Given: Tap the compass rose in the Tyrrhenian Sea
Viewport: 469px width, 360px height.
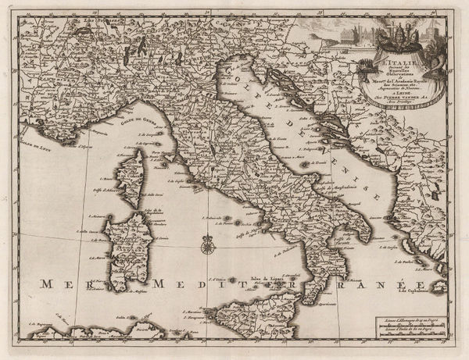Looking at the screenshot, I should [x=208, y=245].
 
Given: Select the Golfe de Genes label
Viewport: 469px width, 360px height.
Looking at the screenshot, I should [x=114, y=118].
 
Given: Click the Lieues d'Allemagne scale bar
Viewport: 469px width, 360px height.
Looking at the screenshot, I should [x=410, y=321].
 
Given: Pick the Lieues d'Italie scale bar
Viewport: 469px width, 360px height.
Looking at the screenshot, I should [x=410, y=333].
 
